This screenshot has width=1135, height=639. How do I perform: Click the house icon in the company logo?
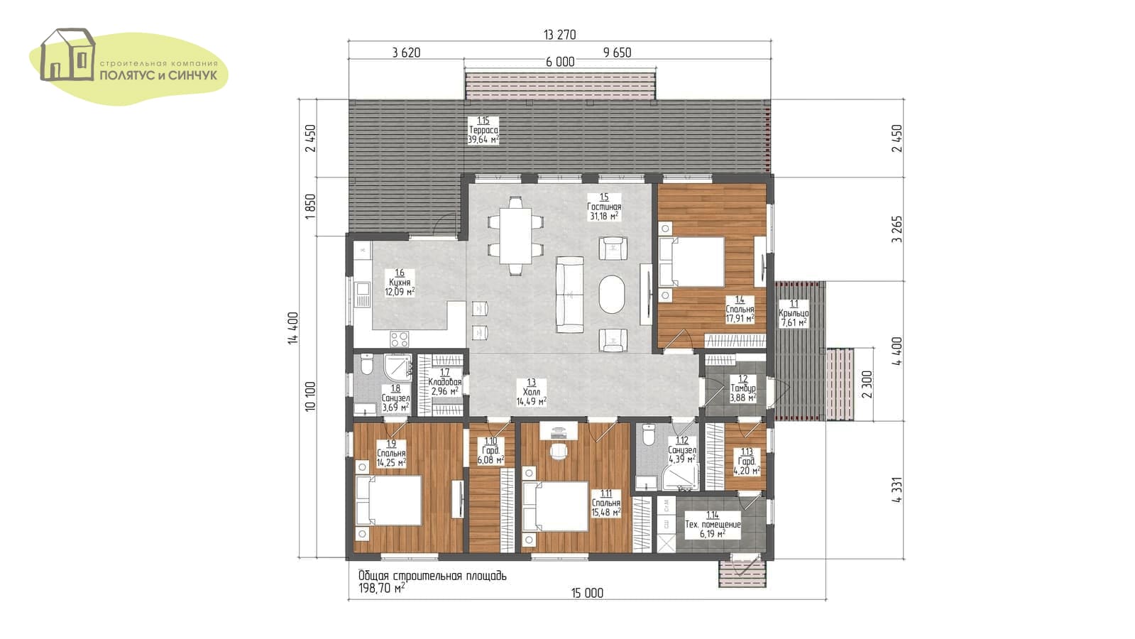pyautogui.click(x=68, y=54)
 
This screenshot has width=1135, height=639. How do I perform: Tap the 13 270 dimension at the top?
pyautogui.click(x=560, y=35)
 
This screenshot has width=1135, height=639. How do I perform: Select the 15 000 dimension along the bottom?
pyautogui.click(x=587, y=593)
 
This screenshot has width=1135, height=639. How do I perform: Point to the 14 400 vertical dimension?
pyautogui.click(x=293, y=328)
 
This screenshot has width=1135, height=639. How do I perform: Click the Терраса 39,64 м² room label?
pyautogui.click(x=483, y=130)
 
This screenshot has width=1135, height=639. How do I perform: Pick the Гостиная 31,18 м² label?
pyautogui.click(x=604, y=207)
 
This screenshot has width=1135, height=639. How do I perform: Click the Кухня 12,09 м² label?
pyautogui.click(x=400, y=283)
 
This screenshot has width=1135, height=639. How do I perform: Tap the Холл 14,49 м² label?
pyautogui.click(x=531, y=392)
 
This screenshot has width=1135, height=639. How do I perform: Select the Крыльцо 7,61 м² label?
pyautogui.click(x=794, y=313)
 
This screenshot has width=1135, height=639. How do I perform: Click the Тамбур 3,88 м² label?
pyautogui.click(x=742, y=388)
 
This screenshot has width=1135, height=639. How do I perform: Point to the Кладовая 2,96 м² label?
pyautogui.click(x=444, y=382)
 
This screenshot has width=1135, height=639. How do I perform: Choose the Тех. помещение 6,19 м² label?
pyautogui.click(x=713, y=525)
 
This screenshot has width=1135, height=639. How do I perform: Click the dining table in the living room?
pyautogui.click(x=516, y=236)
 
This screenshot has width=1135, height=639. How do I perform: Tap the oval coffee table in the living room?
pyautogui.click(x=612, y=294)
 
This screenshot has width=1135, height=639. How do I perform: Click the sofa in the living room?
pyautogui.click(x=569, y=295)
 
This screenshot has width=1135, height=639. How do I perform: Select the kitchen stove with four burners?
pyautogui.click(x=400, y=338)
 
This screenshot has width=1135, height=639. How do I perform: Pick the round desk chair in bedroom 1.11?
pyautogui.click(x=558, y=452)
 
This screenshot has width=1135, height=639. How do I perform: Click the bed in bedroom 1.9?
pyautogui.click(x=389, y=501)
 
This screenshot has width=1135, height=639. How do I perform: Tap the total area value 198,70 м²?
pyautogui.click(x=382, y=588)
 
